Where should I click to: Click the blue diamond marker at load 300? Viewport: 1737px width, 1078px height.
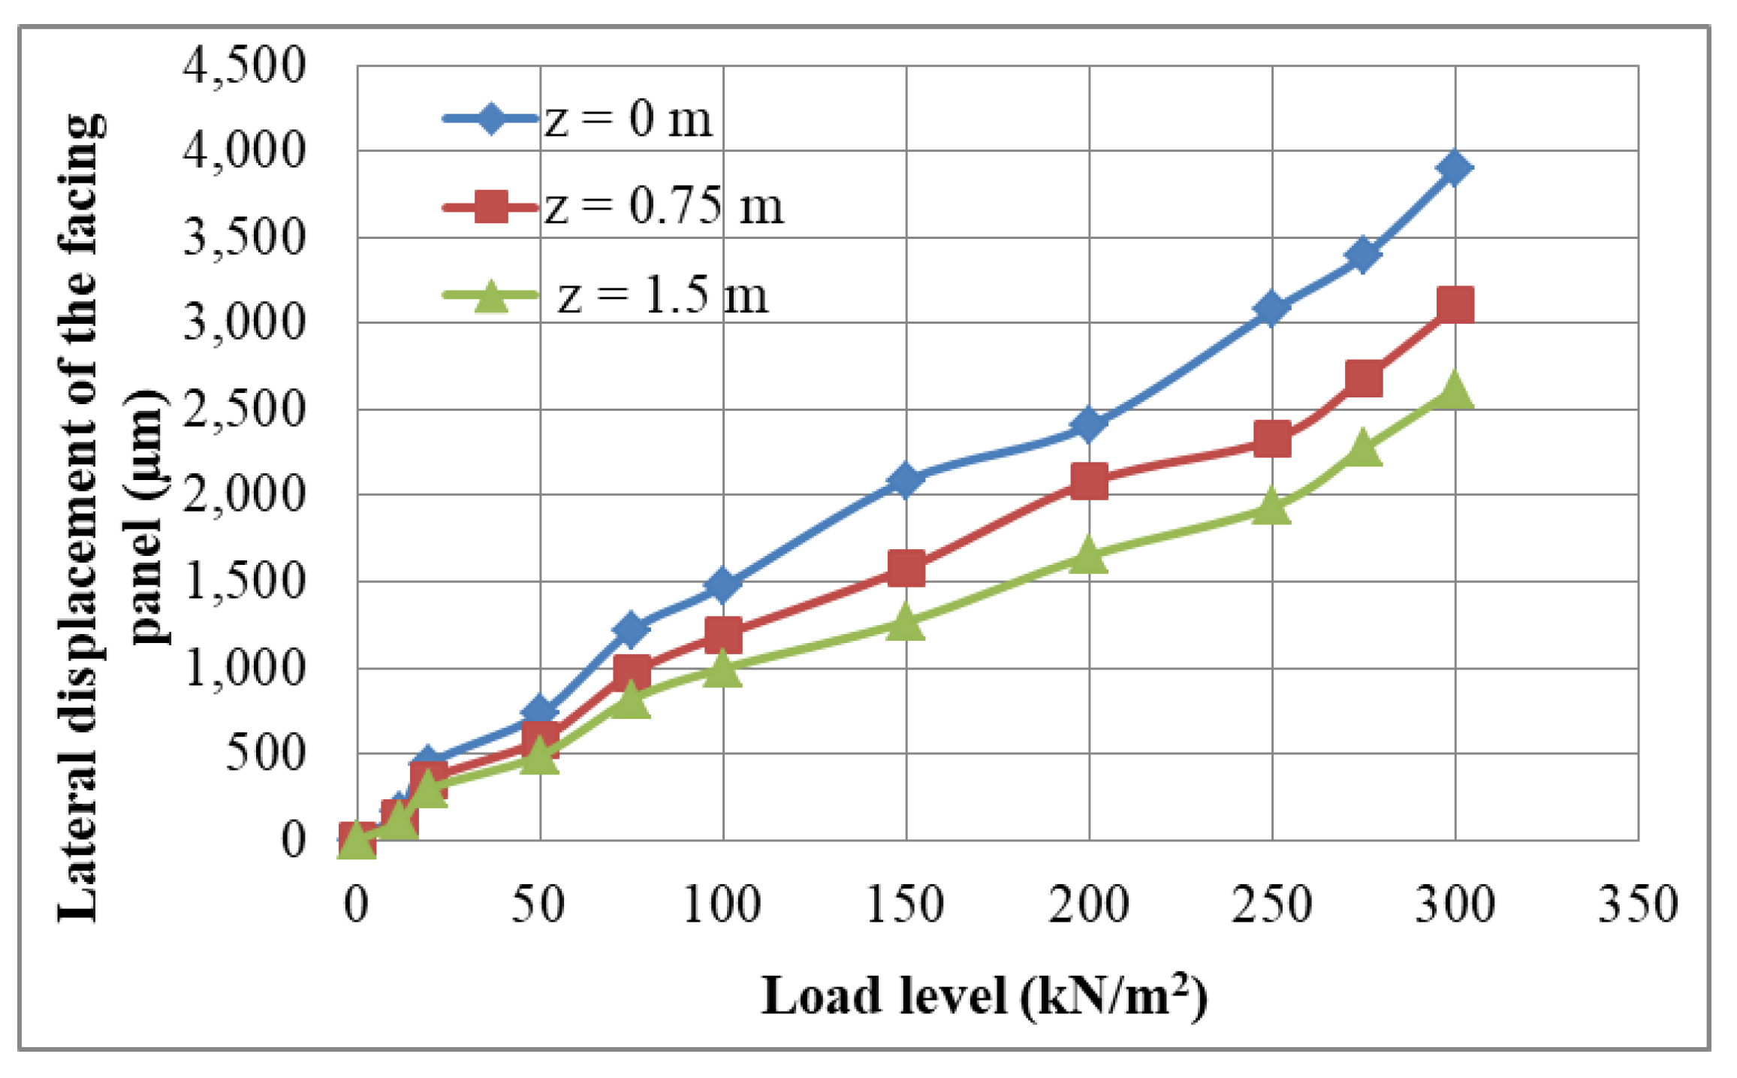point(1455,168)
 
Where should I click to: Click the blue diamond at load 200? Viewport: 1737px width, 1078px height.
point(1089,424)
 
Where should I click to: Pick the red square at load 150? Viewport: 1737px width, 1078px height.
point(906,568)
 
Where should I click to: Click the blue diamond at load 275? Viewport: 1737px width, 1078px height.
point(1363,254)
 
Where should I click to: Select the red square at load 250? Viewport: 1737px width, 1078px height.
point(1271,439)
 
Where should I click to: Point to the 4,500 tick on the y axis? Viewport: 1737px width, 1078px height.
point(245,66)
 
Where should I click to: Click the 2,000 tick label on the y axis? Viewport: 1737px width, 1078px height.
point(245,496)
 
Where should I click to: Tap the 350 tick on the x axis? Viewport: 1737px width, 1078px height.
point(1637,904)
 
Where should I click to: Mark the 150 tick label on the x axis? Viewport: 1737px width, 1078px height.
point(906,904)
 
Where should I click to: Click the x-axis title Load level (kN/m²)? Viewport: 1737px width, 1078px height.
point(984,997)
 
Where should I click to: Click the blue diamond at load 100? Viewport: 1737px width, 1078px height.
point(722,585)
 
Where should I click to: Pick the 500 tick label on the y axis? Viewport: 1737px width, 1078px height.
point(264,753)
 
